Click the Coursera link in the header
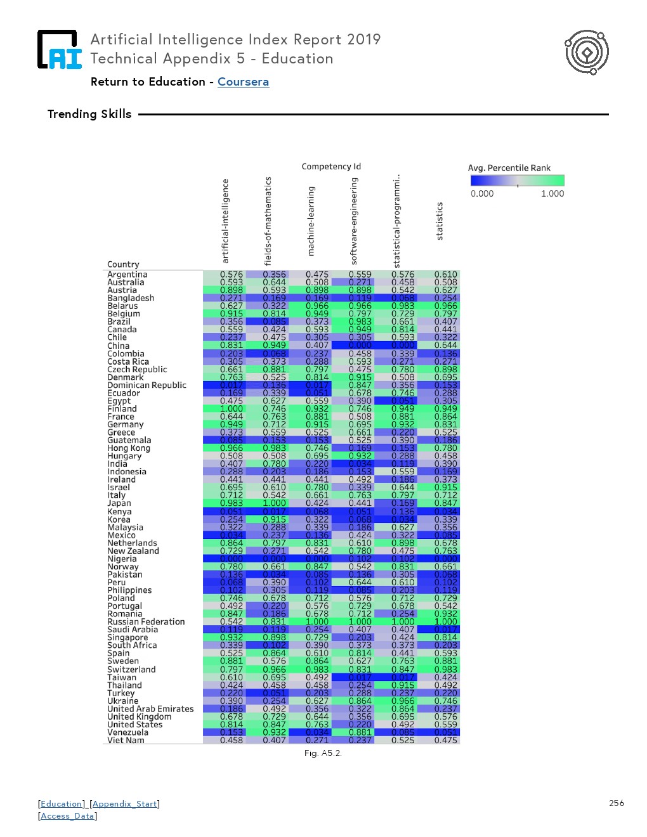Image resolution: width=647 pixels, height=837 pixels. coord(243,82)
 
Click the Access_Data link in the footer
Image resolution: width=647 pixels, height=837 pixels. coord(67,816)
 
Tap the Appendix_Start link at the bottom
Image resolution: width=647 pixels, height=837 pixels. coord(124,804)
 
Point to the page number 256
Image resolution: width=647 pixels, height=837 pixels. coord(617,803)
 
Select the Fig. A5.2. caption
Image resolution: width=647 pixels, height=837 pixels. coord(323,753)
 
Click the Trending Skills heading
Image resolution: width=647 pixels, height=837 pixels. coord(89,114)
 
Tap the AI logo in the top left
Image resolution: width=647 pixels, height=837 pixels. coord(60,49)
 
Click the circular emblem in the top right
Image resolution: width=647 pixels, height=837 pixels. coord(587,52)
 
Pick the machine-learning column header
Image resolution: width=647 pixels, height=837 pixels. coord(311,221)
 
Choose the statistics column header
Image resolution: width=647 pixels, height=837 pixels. coord(440,221)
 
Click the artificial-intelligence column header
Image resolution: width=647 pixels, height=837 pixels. coord(225,221)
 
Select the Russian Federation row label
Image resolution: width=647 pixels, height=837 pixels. coord(146,622)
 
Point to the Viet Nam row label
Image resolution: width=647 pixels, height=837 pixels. coord(126,740)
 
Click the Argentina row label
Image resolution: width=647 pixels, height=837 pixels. coord(127,275)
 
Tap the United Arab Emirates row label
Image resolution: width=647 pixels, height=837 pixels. coord(150,709)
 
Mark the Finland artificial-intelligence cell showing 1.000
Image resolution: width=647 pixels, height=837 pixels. coord(232,409)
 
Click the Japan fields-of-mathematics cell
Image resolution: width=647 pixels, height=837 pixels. coord(275,503)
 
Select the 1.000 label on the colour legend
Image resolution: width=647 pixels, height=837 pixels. coord(552,194)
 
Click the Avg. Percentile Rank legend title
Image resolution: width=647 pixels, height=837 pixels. coord(509,168)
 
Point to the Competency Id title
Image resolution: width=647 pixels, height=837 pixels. coord(331,167)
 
